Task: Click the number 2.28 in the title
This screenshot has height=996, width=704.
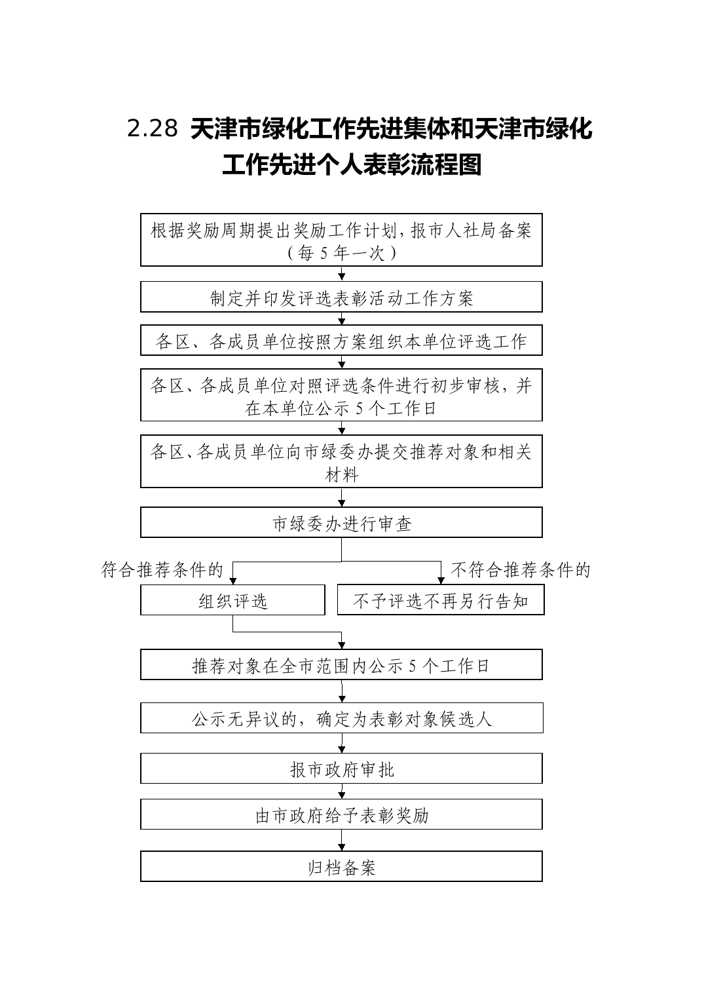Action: coord(153,129)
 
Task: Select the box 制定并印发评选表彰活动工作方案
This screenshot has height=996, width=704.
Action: coord(341,297)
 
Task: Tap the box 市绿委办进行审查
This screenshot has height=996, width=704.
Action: coord(341,522)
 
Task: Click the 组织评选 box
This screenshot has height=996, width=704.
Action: coord(233,600)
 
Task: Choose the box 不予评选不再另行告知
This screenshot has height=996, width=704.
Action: coord(441,600)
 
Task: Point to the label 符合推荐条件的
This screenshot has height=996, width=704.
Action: coord(162,569)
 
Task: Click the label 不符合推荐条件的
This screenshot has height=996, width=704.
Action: coord(521,569)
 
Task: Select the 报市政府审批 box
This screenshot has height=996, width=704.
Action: coord(341,769)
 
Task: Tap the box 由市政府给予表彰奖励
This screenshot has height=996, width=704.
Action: coord(341,814)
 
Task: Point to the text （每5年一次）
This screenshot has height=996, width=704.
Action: coord(341,253)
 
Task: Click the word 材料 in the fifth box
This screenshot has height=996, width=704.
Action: coord(341,475)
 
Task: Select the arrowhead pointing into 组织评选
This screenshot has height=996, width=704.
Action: coord(233,581)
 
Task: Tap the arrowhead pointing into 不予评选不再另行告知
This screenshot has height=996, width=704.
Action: coord(441,581)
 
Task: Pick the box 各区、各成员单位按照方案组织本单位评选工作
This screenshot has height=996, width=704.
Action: coord(341,340)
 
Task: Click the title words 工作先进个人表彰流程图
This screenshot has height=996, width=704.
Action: coord(352,164)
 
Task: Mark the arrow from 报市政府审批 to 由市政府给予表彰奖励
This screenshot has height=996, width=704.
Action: coord(341,792)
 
